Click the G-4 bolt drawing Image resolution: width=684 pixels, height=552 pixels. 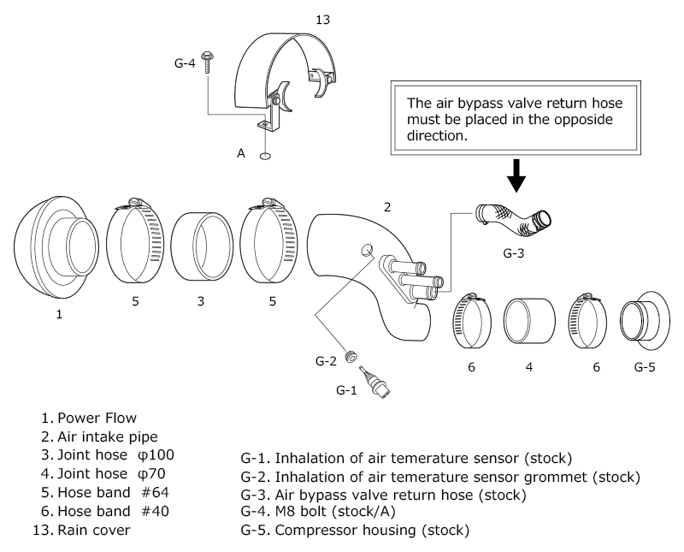point(207,62)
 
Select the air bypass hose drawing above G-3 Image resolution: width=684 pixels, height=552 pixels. point(513,220)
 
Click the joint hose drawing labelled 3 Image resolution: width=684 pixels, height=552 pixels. point(201,246)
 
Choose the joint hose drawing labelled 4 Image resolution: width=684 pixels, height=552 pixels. point(529,322)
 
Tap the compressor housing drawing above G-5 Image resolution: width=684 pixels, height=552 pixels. point(645,321)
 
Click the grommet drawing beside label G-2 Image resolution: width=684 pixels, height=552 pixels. point(351,356)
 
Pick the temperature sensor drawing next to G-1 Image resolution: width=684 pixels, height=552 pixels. point(374,382)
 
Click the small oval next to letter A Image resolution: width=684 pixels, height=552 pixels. point(264,156)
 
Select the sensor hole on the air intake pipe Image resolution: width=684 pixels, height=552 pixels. point(367,250)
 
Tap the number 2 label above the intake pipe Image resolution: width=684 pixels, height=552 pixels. point(387,207)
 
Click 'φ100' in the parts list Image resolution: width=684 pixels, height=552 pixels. point(156,454)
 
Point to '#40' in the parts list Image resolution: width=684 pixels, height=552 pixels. point(156,511)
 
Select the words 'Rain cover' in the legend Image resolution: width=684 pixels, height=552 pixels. point(94,530)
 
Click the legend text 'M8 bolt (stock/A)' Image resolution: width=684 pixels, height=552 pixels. point(335,511)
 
